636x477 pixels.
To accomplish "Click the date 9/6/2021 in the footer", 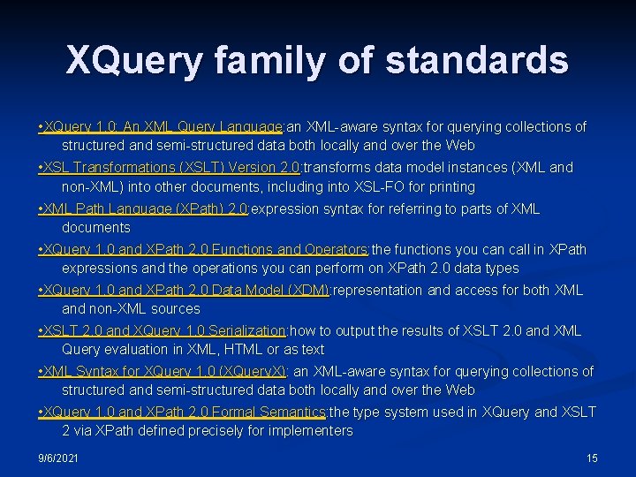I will point(58,458).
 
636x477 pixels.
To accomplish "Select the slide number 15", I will point(592,458).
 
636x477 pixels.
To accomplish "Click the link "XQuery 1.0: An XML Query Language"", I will point(163,126).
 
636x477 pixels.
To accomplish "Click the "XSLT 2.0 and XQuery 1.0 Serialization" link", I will point(164,330).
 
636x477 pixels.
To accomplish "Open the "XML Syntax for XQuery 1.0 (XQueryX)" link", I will point(164,371).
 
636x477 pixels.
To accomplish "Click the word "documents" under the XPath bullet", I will point(95,228).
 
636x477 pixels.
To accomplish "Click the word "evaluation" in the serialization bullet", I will point(138,349).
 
